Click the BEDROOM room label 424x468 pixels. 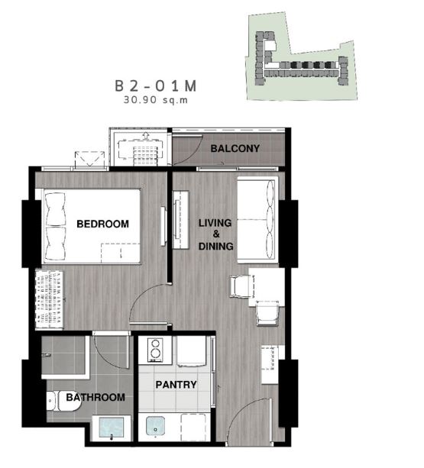pyautogui.click(x=102, y=224)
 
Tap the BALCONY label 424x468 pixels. pyautogui.click(x=235, y=148)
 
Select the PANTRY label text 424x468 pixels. pyautogui.click(x=176, y=385)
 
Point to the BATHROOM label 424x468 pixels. pyautogui.click(x=95, y=397)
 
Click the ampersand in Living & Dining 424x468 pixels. pyautogui.click(x=216, y=234)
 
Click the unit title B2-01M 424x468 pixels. pyautogui.click(x=156, y=86)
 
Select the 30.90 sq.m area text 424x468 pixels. pyautogui.click(x=156, y=100)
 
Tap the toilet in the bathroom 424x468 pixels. pyautogui.click(x=64, y=401)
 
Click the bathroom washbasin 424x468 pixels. pyautogui.click(x=112, y=428)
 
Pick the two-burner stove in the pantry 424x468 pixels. pyautogui.click(x=156, y=350)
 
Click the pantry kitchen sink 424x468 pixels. pyautogui.click(x=155, y=426)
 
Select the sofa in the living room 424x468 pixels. pyautogui.click(x=257, y=220)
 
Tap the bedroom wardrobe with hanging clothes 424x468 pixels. pyautogui.click(x=50, y=300)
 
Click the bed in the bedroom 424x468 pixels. pyautogui.click(x=92, y=226)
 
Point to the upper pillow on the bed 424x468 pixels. pyautogui.click(x=55, y=209)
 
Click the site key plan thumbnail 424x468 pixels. pyautogui.click(x=302, y=56)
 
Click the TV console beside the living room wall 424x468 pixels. pyautogui.click(x=181, y=220)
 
